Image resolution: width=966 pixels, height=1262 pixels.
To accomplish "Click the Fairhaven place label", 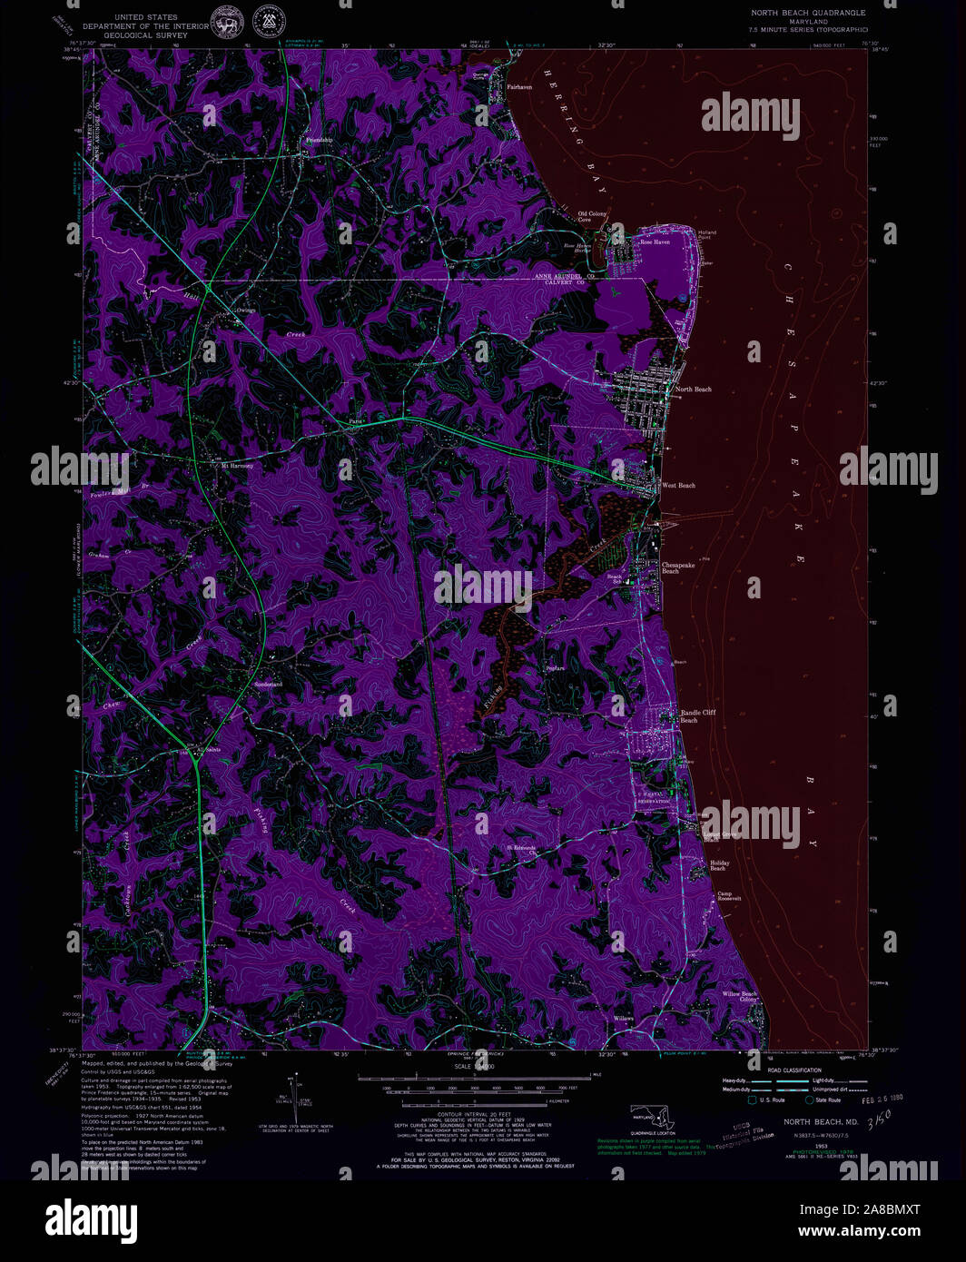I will pyautogui.click(x=519, y=87).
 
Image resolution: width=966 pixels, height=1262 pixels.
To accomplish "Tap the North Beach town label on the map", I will pyautogui.click(x=694, y=389).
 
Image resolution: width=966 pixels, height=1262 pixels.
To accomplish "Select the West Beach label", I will pyautogui.click(x=678, y=486).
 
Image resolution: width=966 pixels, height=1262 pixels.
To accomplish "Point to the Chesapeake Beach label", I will pyautogui.click(x=678, y=567).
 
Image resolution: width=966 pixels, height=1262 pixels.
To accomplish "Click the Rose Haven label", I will pyautogui.click(x=655, y=242).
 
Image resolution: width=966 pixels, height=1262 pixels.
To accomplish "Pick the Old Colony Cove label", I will pyautogui.click(x=592, y=217).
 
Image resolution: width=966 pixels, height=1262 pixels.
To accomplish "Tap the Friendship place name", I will pyautogui.click(x=320, y=140).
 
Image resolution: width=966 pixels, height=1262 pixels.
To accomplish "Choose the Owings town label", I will pyautogui.click(x=246, y=311).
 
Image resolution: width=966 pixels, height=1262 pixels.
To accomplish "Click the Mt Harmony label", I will pyautogui.click(x=238, y=465).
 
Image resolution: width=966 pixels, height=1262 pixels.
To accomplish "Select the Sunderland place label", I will pyautogui.click(x=268, y=684).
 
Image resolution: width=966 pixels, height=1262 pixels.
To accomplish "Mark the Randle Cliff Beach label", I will pyautogui.click(x=698, y=715).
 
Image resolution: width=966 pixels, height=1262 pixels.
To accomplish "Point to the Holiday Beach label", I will pyautogui.click(x=719, y=865).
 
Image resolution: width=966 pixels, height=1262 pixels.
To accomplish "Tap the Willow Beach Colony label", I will pyautogui.click(x=740, y=996).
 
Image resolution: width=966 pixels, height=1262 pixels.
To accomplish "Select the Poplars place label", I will pyautogui.click(x=555, y=668).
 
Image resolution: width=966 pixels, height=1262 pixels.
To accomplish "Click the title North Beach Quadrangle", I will pyautogui.click(x=807, y=13).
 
